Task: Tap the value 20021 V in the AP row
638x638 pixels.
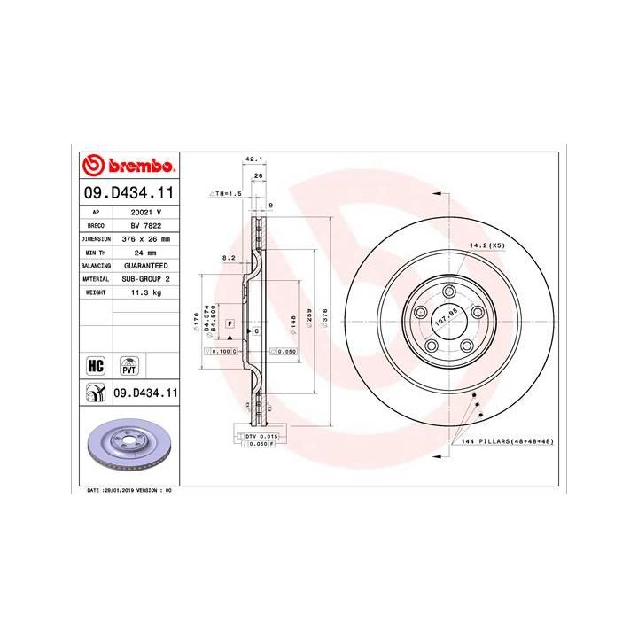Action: (145, 214)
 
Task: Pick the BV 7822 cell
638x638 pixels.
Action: (145, 226)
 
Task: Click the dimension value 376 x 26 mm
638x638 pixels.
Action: (145, 239)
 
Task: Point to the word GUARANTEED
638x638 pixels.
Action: (145, 265)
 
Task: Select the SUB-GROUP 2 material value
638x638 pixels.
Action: (145, 277)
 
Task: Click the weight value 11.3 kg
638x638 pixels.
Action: (145, 291)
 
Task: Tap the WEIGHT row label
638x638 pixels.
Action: (96, 291)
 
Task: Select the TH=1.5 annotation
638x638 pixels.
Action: (227, 192)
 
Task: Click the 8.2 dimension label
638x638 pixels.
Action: (229, 258)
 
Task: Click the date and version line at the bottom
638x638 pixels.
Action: (128, 489)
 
